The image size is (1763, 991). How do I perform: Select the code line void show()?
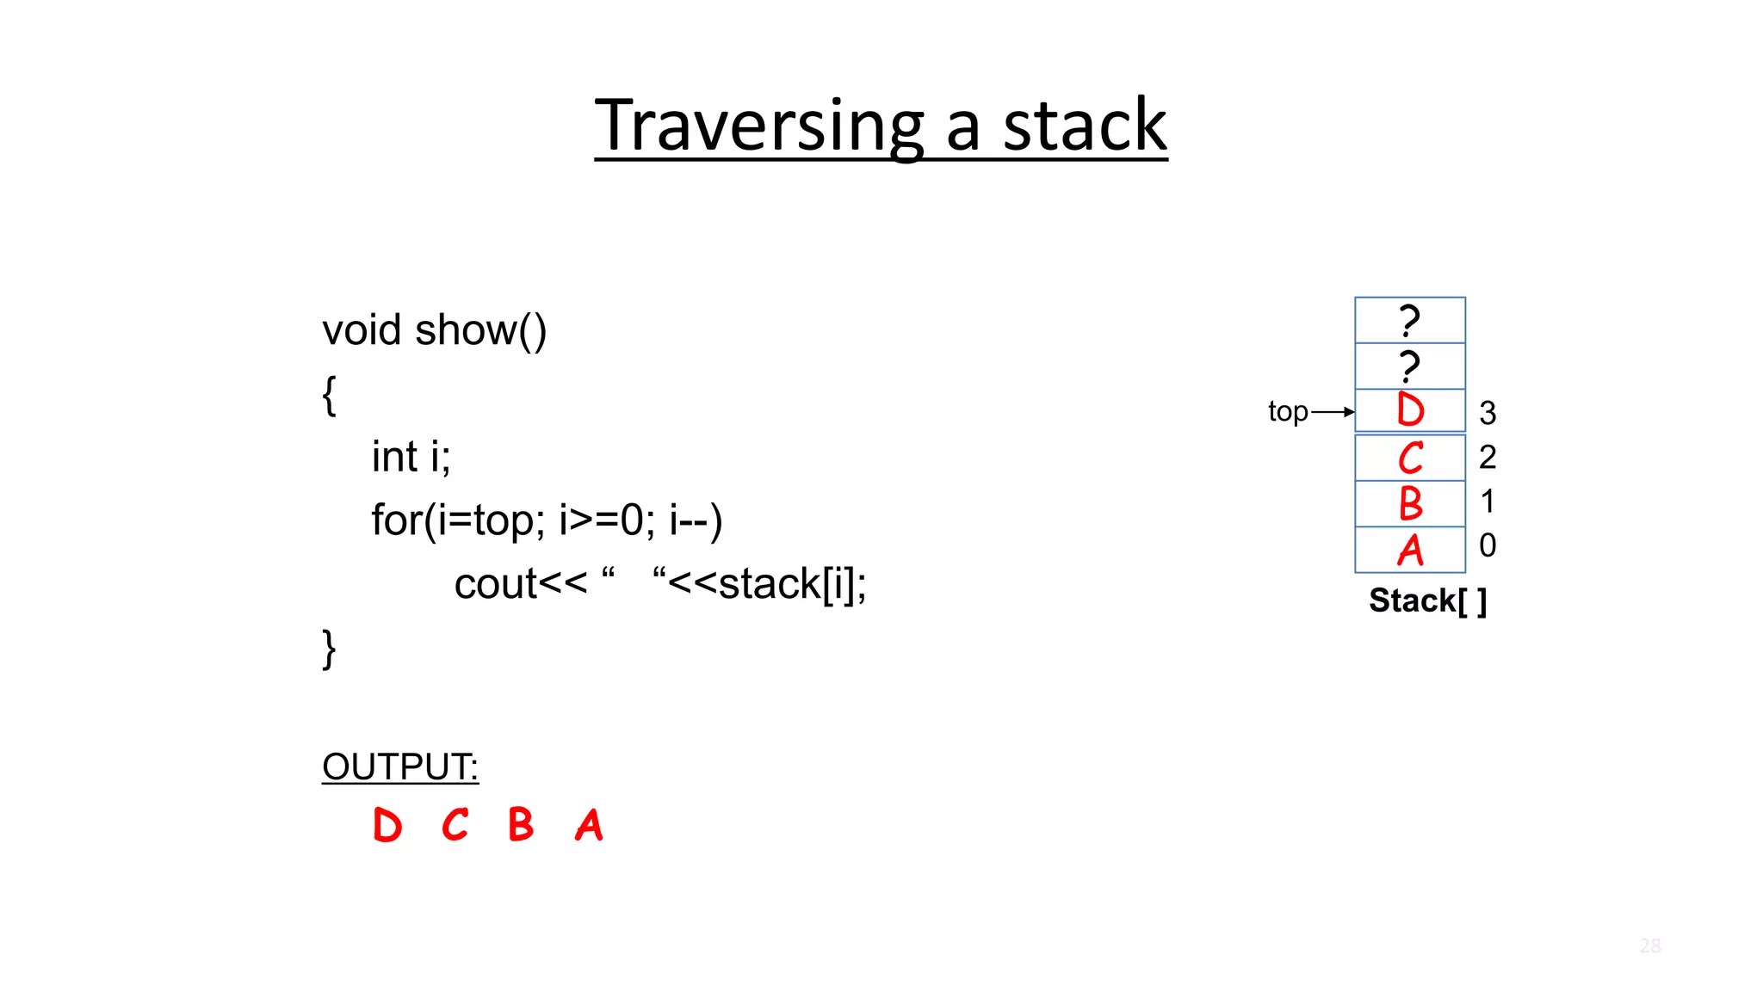click(434, 330)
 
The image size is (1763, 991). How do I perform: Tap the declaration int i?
click(411, 457)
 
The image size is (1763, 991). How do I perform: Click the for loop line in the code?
click(546, 520)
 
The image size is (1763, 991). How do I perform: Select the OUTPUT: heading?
click(399, 766)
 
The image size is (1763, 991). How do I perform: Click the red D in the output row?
click(387, 826)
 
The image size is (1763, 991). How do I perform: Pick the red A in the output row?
click(590, 826)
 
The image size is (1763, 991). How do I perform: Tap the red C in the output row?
click(455, 826)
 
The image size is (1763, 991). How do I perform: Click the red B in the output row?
click(521, 826)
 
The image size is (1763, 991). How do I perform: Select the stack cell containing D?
click(1409, 410)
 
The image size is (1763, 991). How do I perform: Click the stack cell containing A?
click(1409, 550)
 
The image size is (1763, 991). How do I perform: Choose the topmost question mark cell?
click(1409, 320)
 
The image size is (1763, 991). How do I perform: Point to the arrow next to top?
click(1333, 412)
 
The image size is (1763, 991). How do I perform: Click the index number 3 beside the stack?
click(1488, 414)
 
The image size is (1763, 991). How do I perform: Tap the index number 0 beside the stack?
click(1488, 545)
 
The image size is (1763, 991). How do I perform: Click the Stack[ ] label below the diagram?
click(1427, 600)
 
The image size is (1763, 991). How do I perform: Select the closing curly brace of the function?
click(329, 649)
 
